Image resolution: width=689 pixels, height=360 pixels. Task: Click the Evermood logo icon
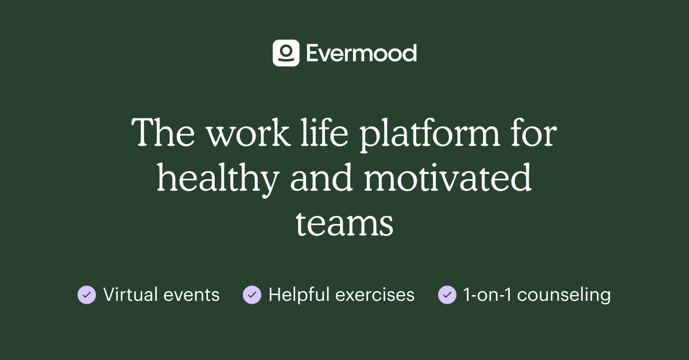[x=285, y=53]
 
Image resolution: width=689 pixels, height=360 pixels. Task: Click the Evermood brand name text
[x=361, y=53]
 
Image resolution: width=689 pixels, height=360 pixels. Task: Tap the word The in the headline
[x=164, y=134]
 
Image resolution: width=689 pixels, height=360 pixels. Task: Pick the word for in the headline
[x=533, y=134]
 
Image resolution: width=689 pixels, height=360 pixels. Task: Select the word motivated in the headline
[x=448, y=179]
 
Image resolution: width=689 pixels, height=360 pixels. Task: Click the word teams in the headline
[x=344, y=224]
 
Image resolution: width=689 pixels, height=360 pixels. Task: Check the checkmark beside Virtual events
[x=87, y=295]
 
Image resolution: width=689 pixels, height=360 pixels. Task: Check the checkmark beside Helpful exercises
[x=252, y=295]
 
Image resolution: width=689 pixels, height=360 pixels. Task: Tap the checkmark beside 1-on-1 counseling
[x=447, y=295]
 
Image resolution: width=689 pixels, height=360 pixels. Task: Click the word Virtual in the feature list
[x=130, y=295]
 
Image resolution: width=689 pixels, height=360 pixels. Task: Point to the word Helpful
[x=299, y=295]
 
